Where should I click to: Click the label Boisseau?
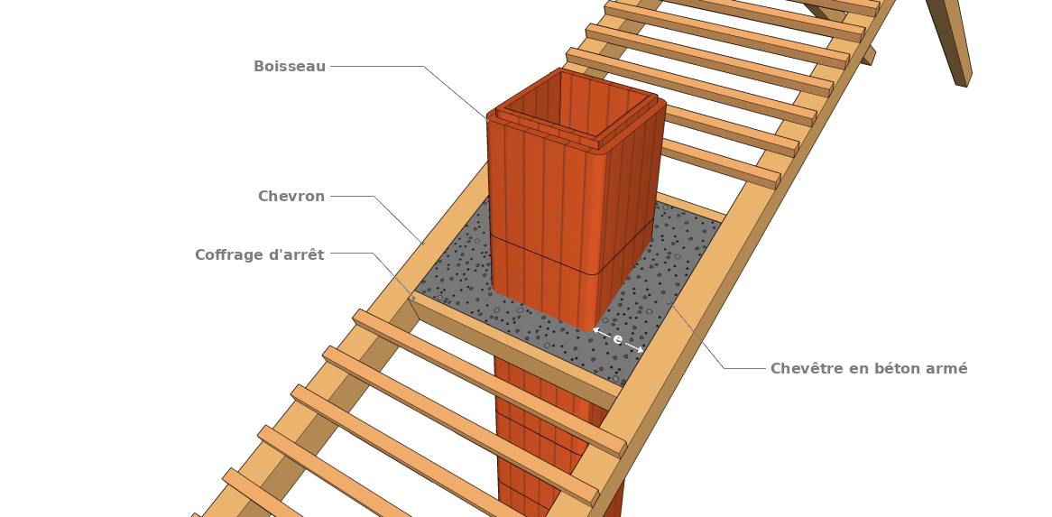pos(289,67)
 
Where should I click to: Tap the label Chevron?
pos(291,197)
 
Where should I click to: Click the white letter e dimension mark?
pos(617,339)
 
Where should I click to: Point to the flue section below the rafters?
pos(541,433)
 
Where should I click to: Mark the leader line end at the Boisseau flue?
pos(488,120)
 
